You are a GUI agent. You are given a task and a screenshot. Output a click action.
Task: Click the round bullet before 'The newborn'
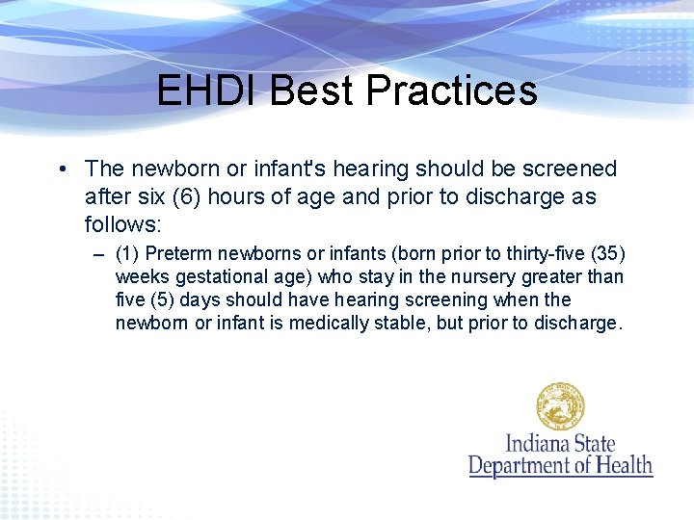pyautogui.click(x=61, y=169)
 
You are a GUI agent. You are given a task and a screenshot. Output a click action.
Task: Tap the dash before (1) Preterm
pyautogui.click(x=99, y=255)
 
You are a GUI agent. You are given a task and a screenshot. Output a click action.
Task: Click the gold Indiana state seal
pyautogui.click(x=560, y=407)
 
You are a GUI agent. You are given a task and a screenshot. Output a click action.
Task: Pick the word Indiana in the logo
pyautogui.click(x=539, y=445)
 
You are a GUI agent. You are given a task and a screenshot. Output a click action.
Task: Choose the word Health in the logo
pyautogui.click(x=622, y=466)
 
